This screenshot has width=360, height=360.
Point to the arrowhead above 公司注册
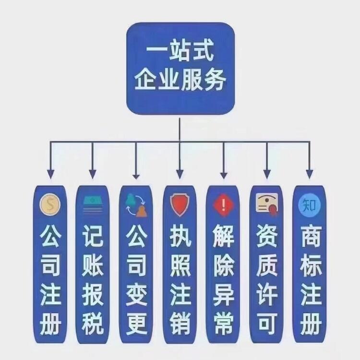point(50,173)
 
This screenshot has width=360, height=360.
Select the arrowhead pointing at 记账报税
point(93,173)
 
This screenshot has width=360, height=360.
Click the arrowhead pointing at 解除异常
point(223,173)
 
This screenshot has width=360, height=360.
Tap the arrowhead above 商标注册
point(309,173)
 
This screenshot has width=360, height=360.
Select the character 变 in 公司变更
point(136,295)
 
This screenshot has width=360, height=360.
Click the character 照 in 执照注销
point(180,265)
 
